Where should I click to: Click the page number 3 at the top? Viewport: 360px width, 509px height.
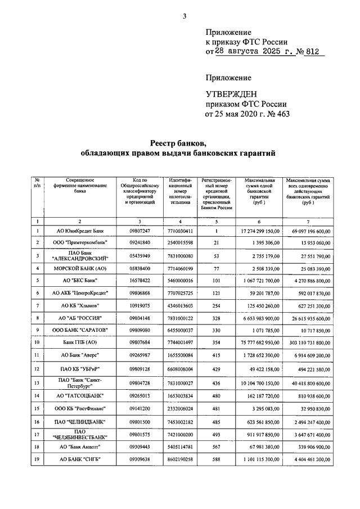click(184, 16)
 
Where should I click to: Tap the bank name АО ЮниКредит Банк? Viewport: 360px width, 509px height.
click(80, 231)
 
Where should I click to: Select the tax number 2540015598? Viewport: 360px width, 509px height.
click(180, 242)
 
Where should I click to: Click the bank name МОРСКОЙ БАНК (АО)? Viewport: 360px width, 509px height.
click(80, 268)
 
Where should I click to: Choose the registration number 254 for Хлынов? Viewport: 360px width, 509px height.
click(215, 305)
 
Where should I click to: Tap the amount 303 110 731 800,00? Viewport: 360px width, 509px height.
click(306, 343)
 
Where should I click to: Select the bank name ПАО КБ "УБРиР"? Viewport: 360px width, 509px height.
click(80, 369)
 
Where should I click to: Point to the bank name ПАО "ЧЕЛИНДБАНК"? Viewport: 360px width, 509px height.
click(80, 422)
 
